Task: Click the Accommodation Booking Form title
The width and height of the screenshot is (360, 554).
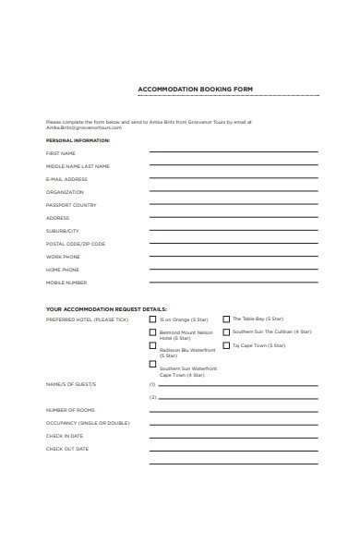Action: coord(196,90)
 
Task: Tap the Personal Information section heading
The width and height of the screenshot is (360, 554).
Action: coord(78,140)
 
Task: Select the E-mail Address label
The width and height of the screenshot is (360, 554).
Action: coord(66,179)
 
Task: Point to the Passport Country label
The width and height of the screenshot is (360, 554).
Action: coord(71,205)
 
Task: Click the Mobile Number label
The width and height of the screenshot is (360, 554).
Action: coord(66,283)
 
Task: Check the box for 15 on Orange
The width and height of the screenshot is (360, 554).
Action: coord(152,319)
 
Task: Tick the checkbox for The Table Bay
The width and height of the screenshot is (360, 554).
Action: coord(226,319)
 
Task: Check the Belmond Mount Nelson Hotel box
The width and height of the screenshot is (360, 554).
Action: coord(152,332)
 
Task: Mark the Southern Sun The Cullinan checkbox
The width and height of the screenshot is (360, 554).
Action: coord(226,332)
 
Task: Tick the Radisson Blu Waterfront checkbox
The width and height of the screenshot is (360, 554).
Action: coord(152,346)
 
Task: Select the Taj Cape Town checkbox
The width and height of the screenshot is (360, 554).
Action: coord(226,346)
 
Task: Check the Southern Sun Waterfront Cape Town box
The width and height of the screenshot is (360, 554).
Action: coord(152,364)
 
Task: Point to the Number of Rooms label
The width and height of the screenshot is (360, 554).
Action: coord(70,410)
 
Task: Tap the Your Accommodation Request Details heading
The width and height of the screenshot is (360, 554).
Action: coord(106,308)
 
